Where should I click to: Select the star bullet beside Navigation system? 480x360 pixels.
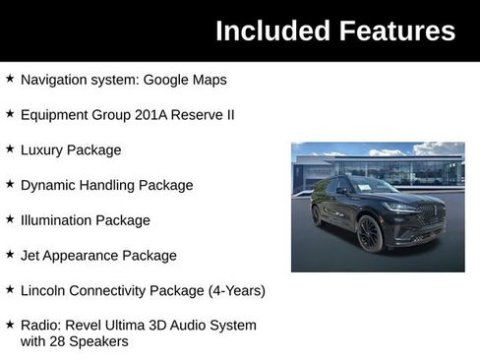10,79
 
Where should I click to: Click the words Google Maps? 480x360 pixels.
197,80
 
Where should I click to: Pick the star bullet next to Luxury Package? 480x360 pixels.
10,150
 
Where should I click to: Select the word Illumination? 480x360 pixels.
58,220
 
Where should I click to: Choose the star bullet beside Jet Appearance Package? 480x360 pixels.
10,255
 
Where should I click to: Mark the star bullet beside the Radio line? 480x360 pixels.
10,325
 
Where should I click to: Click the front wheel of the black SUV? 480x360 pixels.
369,235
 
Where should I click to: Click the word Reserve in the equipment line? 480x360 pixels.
198,115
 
